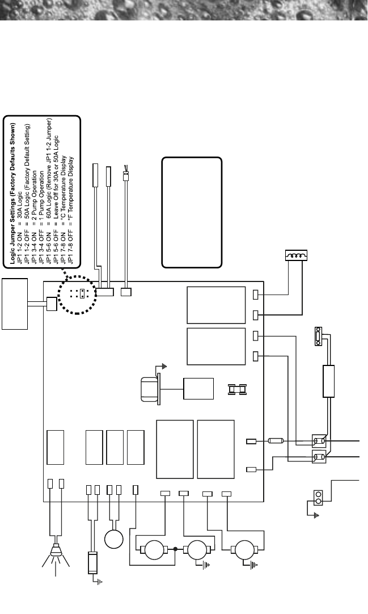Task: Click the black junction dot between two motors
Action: [x=175, y=549]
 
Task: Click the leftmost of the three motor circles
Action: [x=153, y=549]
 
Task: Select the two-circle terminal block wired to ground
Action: [x=319, y=498]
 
